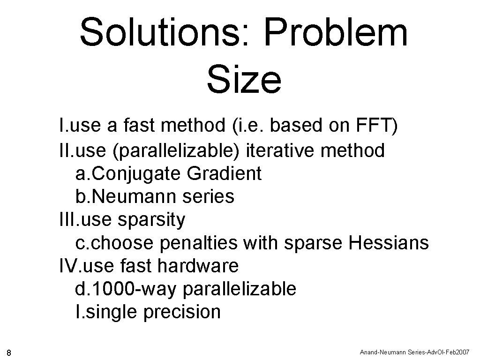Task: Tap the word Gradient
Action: (x=224, y=174)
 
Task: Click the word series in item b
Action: (x=212, y=197)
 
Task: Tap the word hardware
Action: (x=198, y=266)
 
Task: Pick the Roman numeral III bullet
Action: (x=69, y=220)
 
